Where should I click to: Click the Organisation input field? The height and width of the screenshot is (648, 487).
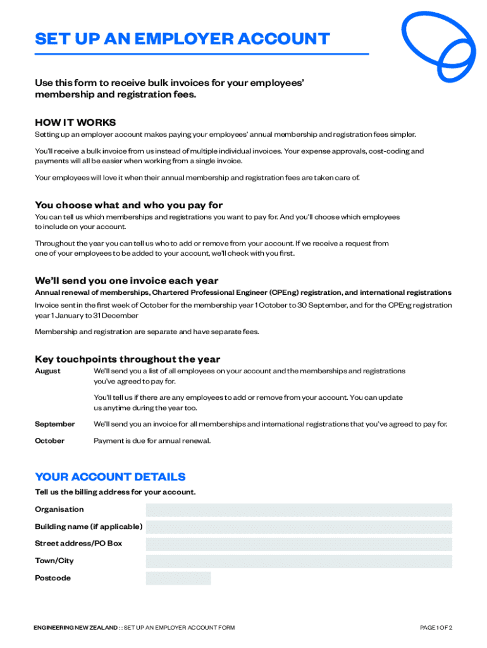tap(299, 510)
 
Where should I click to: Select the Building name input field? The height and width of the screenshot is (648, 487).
tap(299, 527)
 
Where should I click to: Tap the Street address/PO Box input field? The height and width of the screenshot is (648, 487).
tap(299, 544)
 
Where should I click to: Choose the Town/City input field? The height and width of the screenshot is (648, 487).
tap(299, 561)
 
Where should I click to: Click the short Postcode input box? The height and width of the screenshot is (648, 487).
tap(178, 578)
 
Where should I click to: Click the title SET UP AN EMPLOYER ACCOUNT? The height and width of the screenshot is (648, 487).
tap(182, 39)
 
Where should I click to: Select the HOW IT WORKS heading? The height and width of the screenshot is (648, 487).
tap(75, 122)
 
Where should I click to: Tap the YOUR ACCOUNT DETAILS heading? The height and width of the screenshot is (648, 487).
tap(110, 477)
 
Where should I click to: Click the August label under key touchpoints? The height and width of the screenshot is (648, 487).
tap(47, 371)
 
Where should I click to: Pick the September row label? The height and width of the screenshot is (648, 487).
tap(54, 424)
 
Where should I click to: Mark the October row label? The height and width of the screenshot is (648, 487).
tap(49, 440)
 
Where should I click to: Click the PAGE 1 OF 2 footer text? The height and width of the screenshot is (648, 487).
tap(436, 628)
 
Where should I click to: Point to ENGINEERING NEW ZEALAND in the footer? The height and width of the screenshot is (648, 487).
tap(76, 628)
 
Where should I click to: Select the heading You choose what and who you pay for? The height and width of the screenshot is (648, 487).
tap(128, 205)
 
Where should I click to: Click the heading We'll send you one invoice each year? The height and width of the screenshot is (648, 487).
tap(126, 280)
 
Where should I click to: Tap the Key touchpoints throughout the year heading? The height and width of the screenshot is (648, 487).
tap(127, 359)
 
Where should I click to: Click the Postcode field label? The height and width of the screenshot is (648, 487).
tap(52, 578)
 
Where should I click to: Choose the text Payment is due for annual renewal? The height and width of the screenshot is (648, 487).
tap(152, 440)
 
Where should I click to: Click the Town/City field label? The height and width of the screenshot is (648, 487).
tap(54, 561)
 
